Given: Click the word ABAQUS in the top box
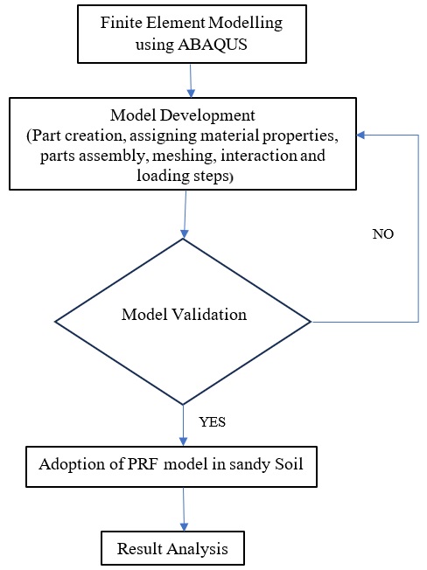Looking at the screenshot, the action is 213,45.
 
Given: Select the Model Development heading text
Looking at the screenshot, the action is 183,115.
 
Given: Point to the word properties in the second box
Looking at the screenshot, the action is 300,136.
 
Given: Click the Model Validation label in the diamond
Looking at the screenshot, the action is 184,315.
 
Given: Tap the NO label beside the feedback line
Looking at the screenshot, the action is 383,233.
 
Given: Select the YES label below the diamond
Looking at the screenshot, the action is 212,422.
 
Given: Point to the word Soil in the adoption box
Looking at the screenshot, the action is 289,464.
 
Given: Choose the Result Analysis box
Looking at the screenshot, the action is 172,548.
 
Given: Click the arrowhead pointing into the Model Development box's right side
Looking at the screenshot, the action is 360,136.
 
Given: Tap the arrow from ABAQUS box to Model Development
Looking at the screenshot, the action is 191,80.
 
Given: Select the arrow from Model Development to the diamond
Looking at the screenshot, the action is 185,214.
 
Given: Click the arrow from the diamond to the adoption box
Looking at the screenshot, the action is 183,426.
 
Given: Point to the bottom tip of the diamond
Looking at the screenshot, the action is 183,404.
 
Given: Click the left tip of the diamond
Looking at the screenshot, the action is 55,322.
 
